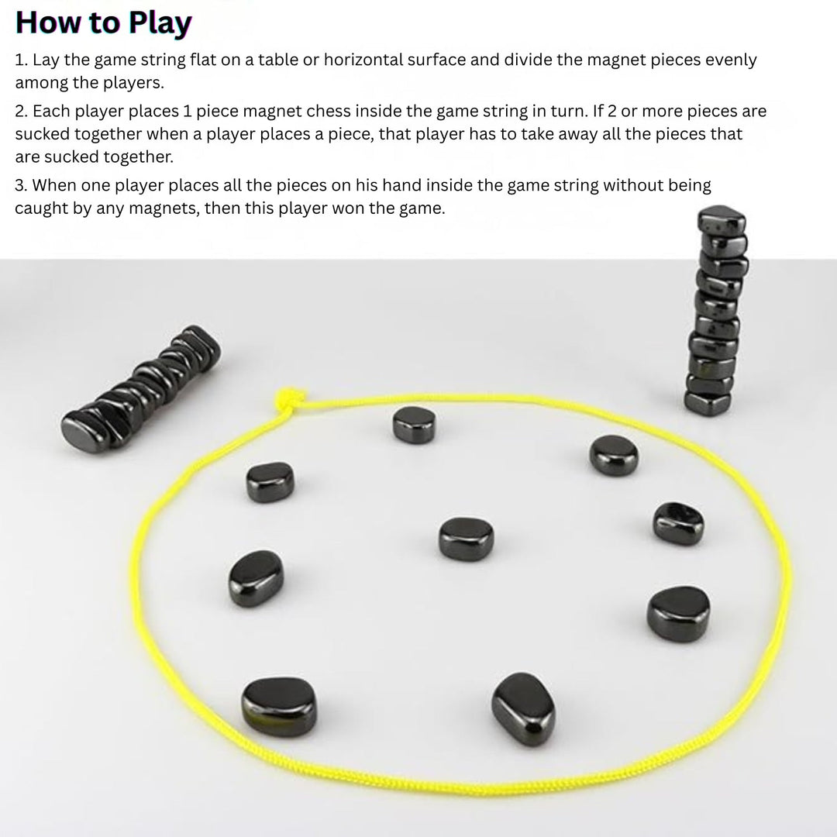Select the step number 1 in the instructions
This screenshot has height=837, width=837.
point(20,60)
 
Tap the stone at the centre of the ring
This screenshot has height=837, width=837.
point(466,537)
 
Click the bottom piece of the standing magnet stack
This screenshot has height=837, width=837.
point(708,401)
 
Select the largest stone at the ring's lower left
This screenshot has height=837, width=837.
point(279,707)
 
